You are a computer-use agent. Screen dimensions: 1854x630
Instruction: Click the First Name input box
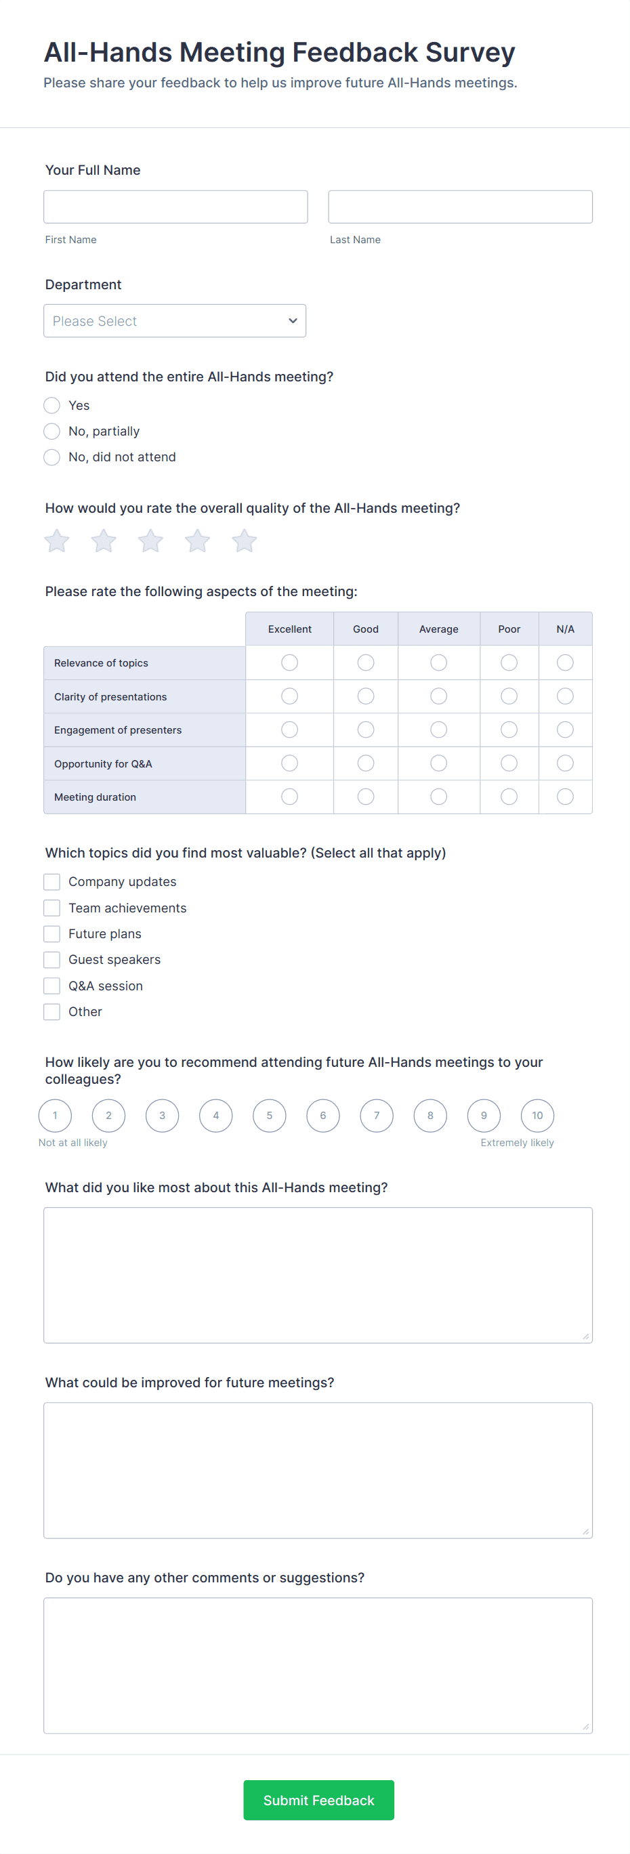pyautogui.click(x=175, y=207)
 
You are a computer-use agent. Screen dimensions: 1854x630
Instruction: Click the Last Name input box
pyautogui.click(x=460, y=207)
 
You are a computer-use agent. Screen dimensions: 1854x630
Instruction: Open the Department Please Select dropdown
pyautogui.click(x=174, y=321)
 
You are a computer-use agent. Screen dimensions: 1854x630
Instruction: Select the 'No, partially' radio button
pyautogui.click(x=52, y=431)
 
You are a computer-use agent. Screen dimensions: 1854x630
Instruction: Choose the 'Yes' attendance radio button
pyautogui.click(x=52, y=405)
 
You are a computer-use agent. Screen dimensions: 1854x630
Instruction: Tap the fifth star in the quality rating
pyautogui.click(x=244, y=541)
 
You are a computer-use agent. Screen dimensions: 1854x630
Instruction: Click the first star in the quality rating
pyautogui.click(x=57, y=541)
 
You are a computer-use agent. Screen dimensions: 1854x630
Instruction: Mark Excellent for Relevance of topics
pyautogui.click(x=289, y=662)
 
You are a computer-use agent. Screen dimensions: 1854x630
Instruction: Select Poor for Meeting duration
pyautogui.click(x=509, y=797)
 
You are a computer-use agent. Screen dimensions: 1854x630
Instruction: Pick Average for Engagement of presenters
pyautogui.click(x=438, y=730)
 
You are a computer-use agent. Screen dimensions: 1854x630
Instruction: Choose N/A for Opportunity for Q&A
pyautogui.click(x=565, y=763)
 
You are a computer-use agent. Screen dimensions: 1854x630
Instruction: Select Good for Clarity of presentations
pyautogui.click(x=366, y=696)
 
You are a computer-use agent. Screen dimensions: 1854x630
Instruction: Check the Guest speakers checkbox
pyautogui.click(x=52, y=959)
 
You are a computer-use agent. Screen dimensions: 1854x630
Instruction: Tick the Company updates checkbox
pyautogui.click(x=52, y=882)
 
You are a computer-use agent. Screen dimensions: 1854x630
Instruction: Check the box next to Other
pyautogui.click(x=52, y=1012)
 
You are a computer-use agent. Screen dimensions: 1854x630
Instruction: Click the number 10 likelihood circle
pyautogui.click(x=537, y=1116)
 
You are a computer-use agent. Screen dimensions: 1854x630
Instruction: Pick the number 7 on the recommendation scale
pyautogui.click(x=377, y=1116)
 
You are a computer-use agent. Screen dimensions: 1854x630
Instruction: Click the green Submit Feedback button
pyautogui.click(x=318, y=1800)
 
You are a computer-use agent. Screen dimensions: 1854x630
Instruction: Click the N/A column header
pyautogui.click(x=565, y=629)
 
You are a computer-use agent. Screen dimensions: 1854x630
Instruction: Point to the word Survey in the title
pyautogui.click(x=469, y=53)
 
